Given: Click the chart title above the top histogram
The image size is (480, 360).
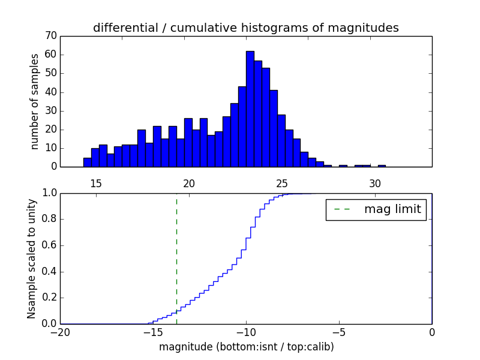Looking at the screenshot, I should click(x=246, y=28).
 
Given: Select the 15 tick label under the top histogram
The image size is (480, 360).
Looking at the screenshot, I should click(x=96, y=183).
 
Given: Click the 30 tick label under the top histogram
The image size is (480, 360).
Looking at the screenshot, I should click(x=375, y=183).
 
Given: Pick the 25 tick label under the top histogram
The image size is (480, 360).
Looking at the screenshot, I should click(x=282, y=183).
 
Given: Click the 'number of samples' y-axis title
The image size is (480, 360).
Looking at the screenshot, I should click(x=35, y=101).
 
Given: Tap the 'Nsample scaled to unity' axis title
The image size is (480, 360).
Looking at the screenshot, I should click(x=32, y=258).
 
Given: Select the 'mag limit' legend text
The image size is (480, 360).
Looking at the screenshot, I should click(x=392, y=209).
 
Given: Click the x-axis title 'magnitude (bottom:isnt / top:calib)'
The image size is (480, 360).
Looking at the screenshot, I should click(x=246, y=347).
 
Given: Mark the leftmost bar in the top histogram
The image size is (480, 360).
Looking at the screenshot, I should click(x=87, y=162).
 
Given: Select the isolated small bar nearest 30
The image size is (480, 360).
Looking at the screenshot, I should click(x=382, y=166).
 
